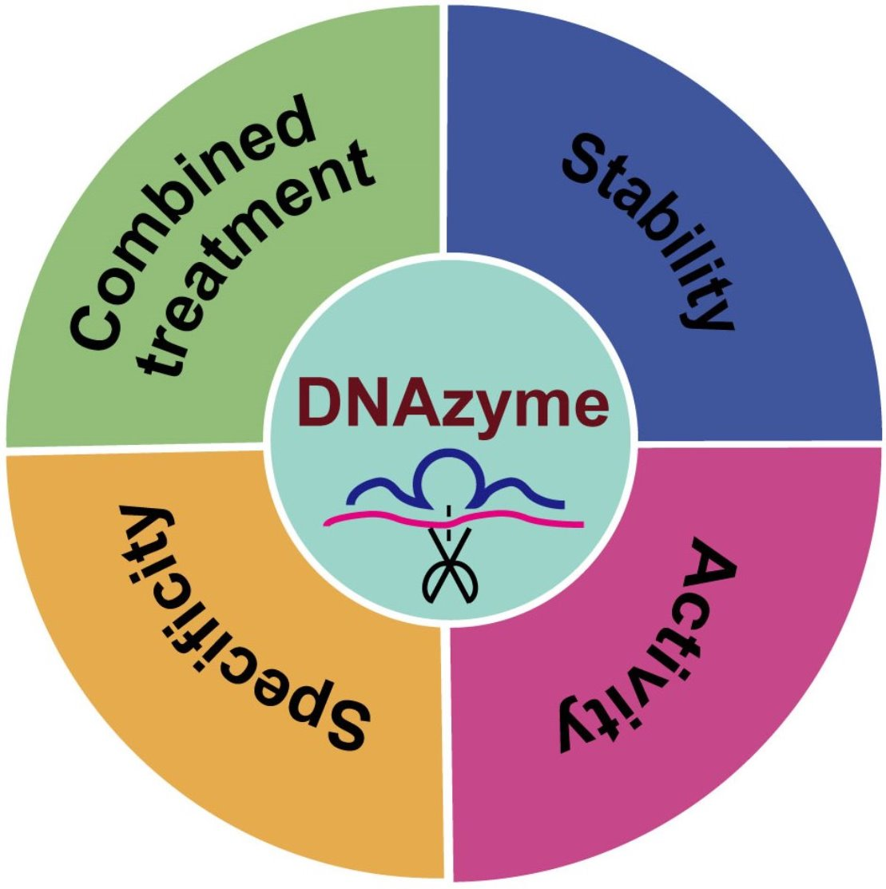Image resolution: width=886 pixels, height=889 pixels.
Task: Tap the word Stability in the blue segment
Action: coord(646,230)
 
